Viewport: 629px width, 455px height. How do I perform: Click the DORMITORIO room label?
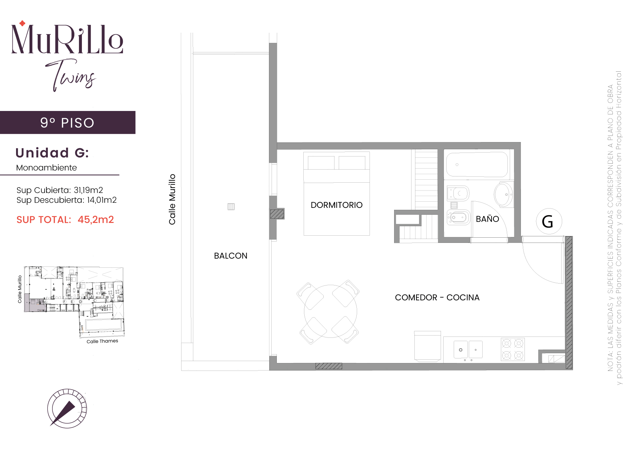336,205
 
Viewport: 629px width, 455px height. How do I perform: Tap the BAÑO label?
487,219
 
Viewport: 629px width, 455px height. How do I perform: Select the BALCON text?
231,256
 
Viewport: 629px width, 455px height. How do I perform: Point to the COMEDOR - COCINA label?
437,298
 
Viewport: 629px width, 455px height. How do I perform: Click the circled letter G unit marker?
549,221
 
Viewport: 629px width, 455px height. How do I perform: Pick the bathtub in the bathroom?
477,165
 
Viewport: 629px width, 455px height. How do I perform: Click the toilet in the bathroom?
458,193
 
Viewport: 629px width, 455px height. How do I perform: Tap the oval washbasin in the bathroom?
504,194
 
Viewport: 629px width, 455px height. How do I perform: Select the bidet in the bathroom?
459,217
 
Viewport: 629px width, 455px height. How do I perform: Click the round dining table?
331,311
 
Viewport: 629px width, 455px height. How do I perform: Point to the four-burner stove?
513,349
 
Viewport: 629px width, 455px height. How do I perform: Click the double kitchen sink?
468,350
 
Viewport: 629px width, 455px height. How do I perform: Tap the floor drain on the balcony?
231,207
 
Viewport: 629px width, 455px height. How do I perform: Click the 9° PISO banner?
67,123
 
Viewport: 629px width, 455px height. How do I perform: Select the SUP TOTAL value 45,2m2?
96,220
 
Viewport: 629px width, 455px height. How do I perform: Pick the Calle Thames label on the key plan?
102,341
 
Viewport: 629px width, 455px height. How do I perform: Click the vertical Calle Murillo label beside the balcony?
172,199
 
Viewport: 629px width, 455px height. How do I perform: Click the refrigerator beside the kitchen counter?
428,346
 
